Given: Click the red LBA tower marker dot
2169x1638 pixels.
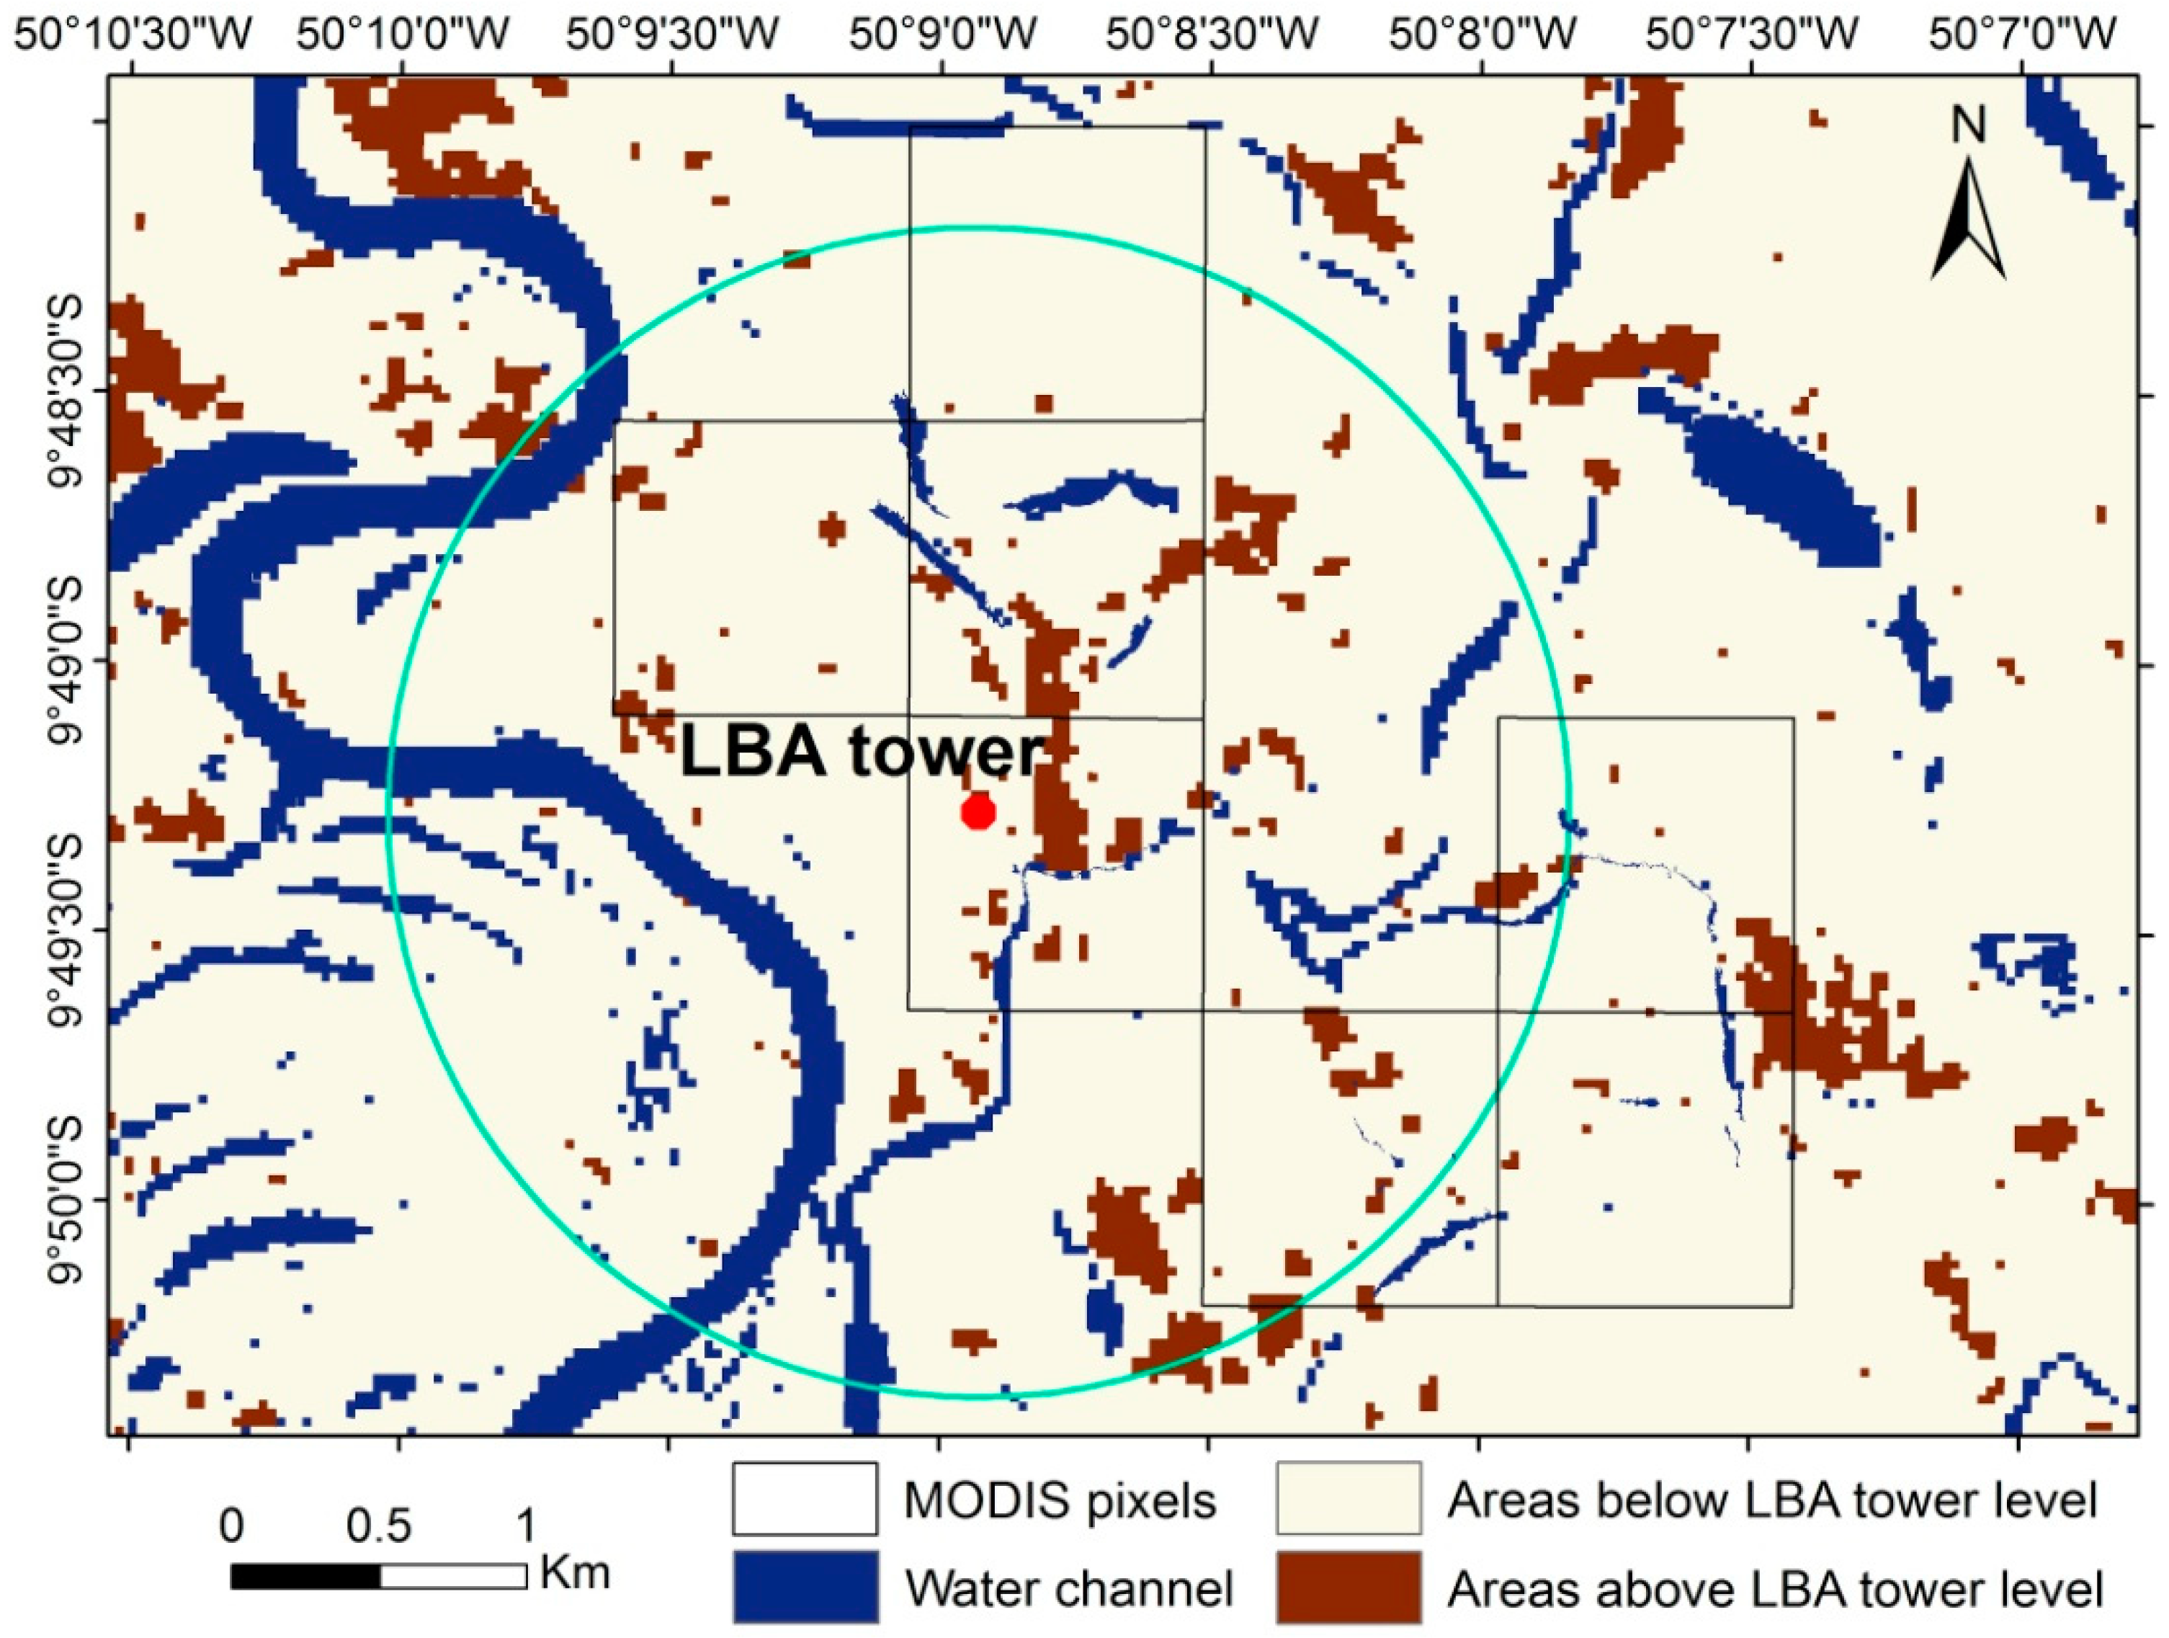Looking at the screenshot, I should coord(978,812).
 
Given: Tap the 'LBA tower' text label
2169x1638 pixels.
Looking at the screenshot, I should coord(860,753).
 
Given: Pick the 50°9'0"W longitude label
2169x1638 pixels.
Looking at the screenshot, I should coord(943,36).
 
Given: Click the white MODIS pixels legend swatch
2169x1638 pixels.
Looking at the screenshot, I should coord(804,1499).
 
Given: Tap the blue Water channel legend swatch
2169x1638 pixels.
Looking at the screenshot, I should coord(804,1587).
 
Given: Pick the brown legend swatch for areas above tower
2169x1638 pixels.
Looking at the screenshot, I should coord(1349,1587).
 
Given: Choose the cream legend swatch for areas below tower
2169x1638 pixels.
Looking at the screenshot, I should coord(1349,1499).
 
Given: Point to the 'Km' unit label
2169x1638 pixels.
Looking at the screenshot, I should coord(575,1572).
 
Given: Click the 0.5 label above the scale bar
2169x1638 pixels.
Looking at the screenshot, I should coord(380,1527).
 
